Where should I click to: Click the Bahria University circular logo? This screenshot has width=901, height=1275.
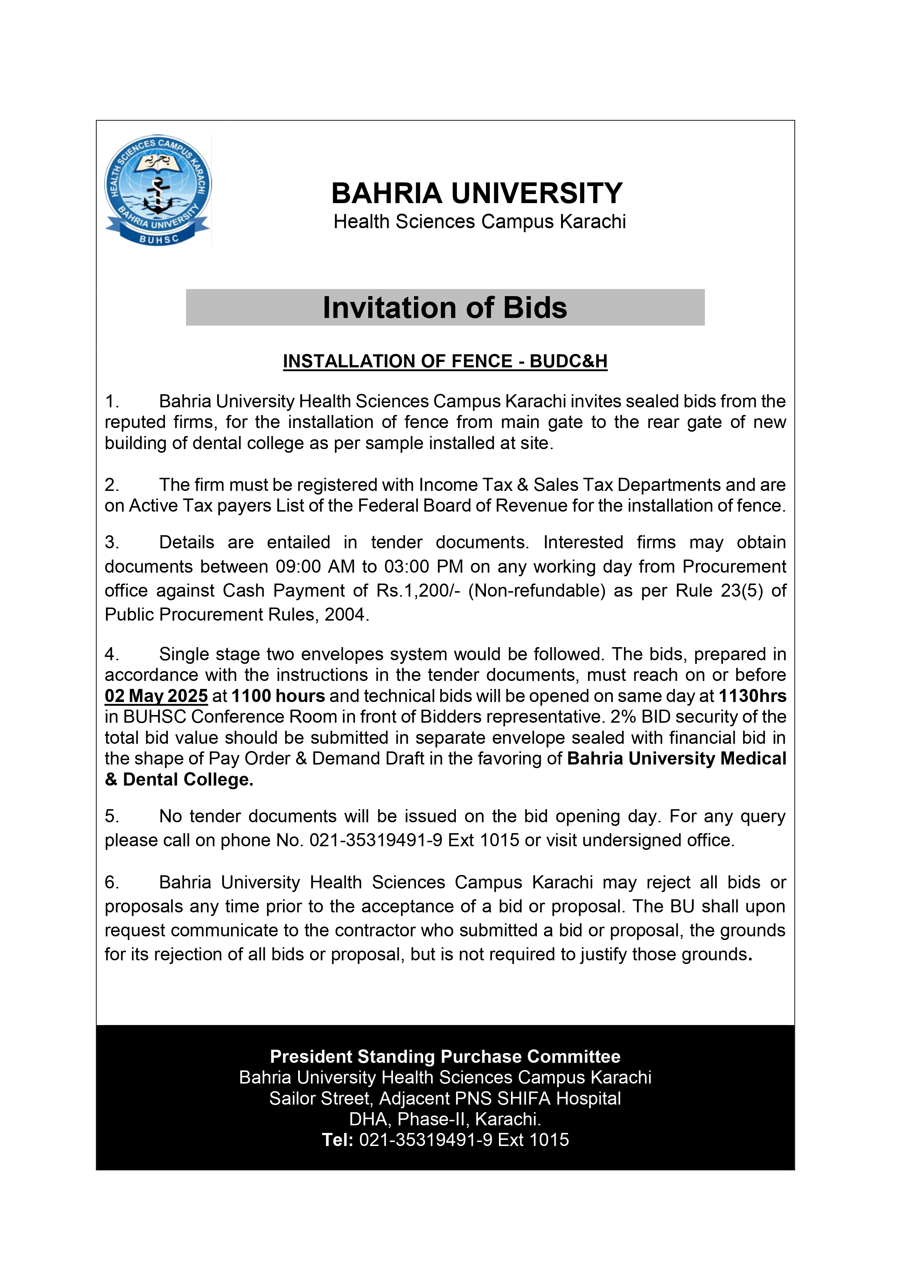(158, 190)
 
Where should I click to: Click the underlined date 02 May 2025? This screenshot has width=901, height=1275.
(156, 696)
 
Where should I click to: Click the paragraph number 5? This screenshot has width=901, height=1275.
(111, 816)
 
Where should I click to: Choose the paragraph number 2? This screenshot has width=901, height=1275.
(111, 485)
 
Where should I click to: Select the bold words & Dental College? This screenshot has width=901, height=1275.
(179, 780)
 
